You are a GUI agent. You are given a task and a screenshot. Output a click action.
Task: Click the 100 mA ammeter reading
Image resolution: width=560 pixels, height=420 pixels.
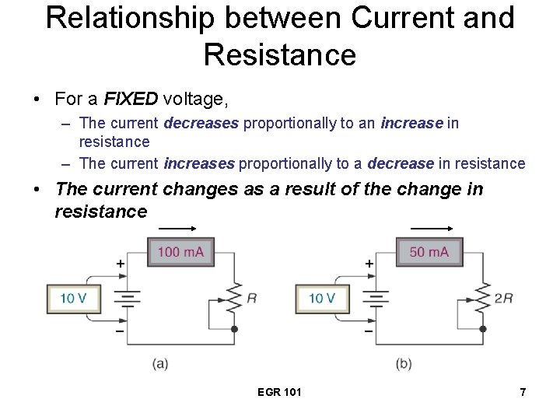(180, 252)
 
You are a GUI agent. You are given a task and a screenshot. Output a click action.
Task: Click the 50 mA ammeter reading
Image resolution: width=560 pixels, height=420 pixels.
(429, 252)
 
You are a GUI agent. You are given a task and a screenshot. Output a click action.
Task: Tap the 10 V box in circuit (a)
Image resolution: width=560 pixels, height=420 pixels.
(73, 299)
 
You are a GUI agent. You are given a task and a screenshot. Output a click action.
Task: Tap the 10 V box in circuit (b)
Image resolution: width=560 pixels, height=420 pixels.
(322, 299)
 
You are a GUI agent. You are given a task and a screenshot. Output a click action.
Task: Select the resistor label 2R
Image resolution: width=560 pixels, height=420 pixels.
(503, 298)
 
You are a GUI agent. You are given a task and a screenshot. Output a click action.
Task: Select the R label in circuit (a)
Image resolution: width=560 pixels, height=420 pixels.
(251, 298)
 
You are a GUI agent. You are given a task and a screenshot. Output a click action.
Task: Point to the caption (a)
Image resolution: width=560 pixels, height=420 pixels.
(160, 363)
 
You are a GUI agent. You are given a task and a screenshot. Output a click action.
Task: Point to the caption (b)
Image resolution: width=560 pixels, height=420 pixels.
(404, 363)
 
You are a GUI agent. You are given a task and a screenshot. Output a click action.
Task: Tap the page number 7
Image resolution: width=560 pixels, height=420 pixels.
(523, 392)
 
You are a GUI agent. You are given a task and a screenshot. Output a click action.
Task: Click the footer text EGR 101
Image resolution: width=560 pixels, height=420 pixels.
(279, 392)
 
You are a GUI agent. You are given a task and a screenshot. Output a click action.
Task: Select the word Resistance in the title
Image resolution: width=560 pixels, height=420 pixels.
(279, 55)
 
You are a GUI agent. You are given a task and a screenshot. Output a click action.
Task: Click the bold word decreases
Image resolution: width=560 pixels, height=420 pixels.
(201, 123)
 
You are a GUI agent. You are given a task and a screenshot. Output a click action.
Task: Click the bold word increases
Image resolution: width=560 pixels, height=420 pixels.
(199, 163)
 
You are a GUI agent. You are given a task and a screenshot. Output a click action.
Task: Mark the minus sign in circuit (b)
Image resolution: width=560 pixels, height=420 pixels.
(369, 332)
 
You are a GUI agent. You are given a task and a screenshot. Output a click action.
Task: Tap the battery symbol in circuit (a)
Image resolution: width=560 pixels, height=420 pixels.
(128, 299)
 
